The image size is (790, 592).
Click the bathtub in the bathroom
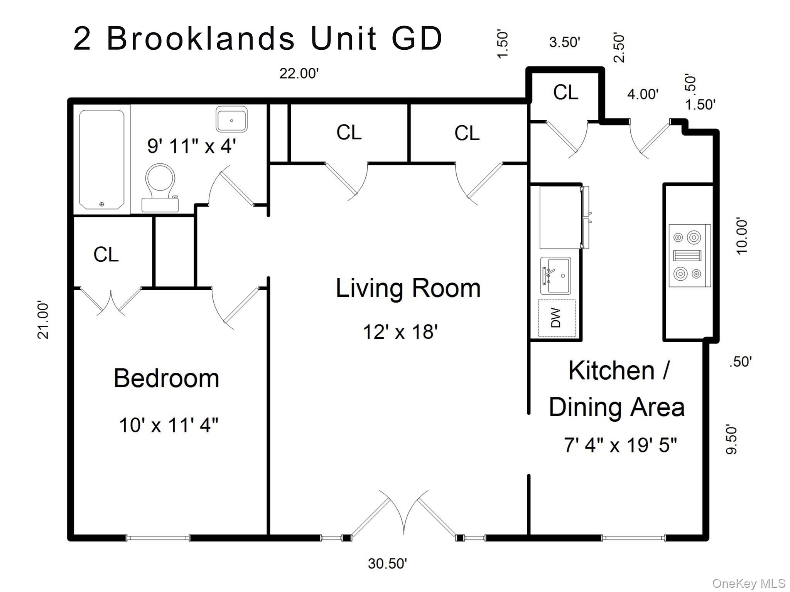[x=102, y=159]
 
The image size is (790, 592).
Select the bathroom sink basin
[x=231, y=119]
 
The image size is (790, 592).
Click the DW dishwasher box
[x=557, y=318]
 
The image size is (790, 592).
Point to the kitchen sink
[x=556, y=276]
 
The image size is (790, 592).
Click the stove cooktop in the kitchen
[x=689, y=256]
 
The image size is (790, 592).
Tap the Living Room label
[x=408, y=288]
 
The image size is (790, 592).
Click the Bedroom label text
[x=166, y=378]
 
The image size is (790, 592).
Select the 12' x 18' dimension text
[x=400, y=332]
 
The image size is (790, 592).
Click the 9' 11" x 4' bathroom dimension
[x=191, y=146]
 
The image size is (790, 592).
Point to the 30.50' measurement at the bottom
[x=387, y=563]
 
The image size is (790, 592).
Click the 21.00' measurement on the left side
[x=43, y=320]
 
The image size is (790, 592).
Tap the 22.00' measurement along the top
[x=299, y=73]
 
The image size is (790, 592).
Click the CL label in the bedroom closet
[x=106, y=255]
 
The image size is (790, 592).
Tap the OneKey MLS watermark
[x=749, y=584]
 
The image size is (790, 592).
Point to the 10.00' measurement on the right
[x=742, y=237]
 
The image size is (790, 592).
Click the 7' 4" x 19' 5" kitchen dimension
[x=620, y=445]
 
